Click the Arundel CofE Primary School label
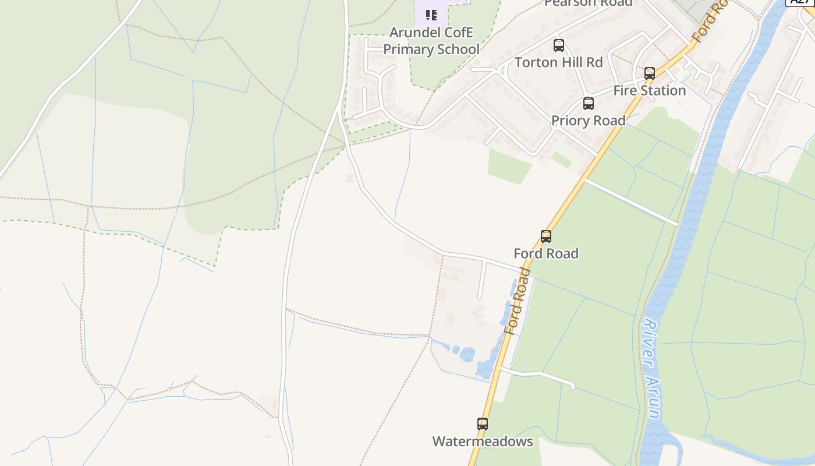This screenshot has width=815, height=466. coord(431,41)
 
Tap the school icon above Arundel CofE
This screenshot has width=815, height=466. coord(431,14)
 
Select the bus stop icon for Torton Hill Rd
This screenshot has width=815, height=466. coord(559,45)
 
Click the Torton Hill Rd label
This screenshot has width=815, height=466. coord(559,62)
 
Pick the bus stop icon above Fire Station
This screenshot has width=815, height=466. coord(650,73)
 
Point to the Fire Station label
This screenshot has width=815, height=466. coord(650,91)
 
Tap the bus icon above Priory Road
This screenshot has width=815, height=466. coord(589,104)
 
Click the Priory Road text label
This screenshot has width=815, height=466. coord(589,121)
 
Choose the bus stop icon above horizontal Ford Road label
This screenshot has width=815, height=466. coord(546,236)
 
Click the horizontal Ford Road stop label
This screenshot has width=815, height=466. coord(546,254)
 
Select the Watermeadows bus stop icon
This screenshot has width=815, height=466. coord(483,424)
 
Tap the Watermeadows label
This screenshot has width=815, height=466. coord(483,442)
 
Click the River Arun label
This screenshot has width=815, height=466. coord(652,368)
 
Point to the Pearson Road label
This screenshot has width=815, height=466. coord(588,3)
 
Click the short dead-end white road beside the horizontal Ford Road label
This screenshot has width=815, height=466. coord(482,280)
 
